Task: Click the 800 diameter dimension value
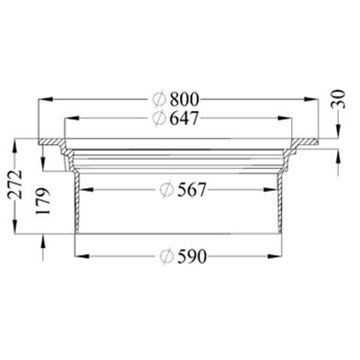(185, 99)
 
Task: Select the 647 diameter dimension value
(185, 118)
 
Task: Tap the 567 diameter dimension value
(192, 190)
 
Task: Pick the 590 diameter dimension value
(192, 256)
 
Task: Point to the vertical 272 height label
(16, 185)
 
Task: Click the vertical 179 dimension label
(42, 201)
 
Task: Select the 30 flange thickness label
(338, 99)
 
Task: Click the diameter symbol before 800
(160, 99)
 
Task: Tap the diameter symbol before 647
(160, 118)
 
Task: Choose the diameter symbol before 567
(167, 190)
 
